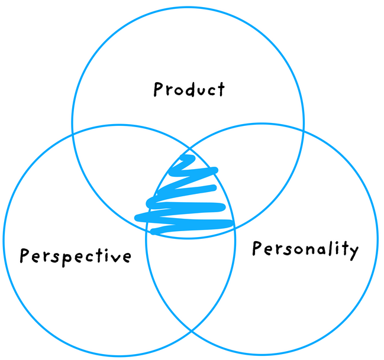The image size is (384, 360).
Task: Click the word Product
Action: pos(189,89)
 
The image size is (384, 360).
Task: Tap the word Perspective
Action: pos(75,257)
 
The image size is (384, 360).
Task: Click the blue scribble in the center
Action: pos(184,196)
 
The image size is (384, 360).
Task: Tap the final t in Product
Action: pos(221,89)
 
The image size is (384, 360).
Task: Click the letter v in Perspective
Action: pos(116,258)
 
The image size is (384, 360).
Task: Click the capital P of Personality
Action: pos(257,248)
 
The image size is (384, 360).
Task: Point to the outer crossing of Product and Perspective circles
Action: pos(73,134)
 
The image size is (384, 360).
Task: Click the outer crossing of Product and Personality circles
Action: pos(304,131)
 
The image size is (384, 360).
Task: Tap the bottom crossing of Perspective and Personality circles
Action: pos(191,331)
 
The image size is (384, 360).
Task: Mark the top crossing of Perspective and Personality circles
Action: pos(189,148)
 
